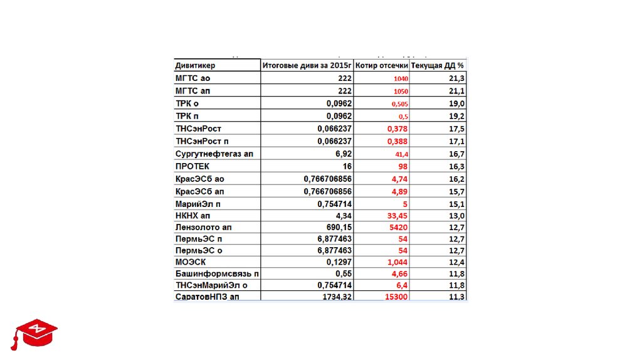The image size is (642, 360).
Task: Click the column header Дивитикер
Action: pyautogui.click(x=195, y=65)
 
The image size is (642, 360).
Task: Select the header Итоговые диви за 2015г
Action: pyautogui.click(x=307, y=65)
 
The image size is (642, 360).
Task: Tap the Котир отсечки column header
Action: pyautogui.click(x=381, y=65)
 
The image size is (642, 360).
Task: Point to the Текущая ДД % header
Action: pyautogui.click(x=438, y=65)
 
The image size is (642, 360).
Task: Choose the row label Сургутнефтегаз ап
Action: pyautogui.click(x=214, y=154)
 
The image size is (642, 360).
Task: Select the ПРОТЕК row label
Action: pyautogui.click(x=192, y=167)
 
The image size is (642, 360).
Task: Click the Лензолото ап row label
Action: pyautogui.click(x=203, y=227)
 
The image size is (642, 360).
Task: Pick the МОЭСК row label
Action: pyautogui.click(x=191, y=262)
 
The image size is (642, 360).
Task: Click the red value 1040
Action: pyautogui.click(x=401, y=79)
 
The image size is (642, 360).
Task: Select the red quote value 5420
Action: pyautogui.click(x=399, y=227)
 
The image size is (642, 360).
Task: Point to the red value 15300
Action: pyautogui.click(x=396, y=297)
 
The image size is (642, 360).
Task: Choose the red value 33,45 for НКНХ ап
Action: pyautogui.click(x=397, y=215)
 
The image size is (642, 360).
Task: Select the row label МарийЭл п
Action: pyautogui.click(x=198, y=204)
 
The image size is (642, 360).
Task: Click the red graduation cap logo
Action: pyautogui.click(x=35, y=332)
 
